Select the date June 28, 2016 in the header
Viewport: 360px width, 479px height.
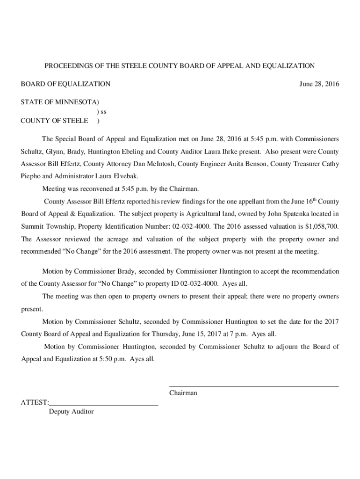(x=319, y=84)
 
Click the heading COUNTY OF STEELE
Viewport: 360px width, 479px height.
(x=54, y=121)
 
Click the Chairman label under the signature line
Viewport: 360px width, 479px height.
(x=183, y=393)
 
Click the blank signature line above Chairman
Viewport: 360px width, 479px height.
(x=253, y=386)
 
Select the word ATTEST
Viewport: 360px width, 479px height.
(x=34, y=402)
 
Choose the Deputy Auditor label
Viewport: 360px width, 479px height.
(x=71, y=412)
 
